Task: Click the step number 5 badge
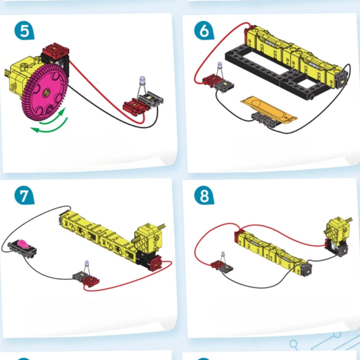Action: pos(24,31)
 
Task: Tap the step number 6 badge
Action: pos(204,31)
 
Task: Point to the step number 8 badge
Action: pos(204,196)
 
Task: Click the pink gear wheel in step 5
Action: pos(45,92)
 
